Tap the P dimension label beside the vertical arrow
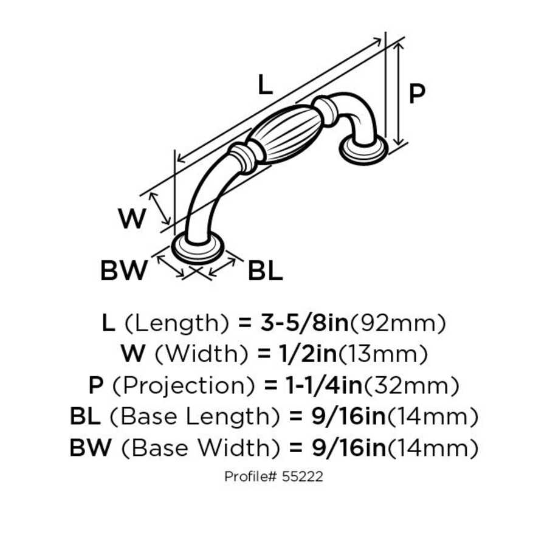coord(416,94)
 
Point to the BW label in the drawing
coord(123,271)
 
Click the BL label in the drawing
coord(266,271)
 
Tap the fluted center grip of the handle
coord(283,131)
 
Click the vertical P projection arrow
coord(398,94)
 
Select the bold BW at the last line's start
coord(91,449)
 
